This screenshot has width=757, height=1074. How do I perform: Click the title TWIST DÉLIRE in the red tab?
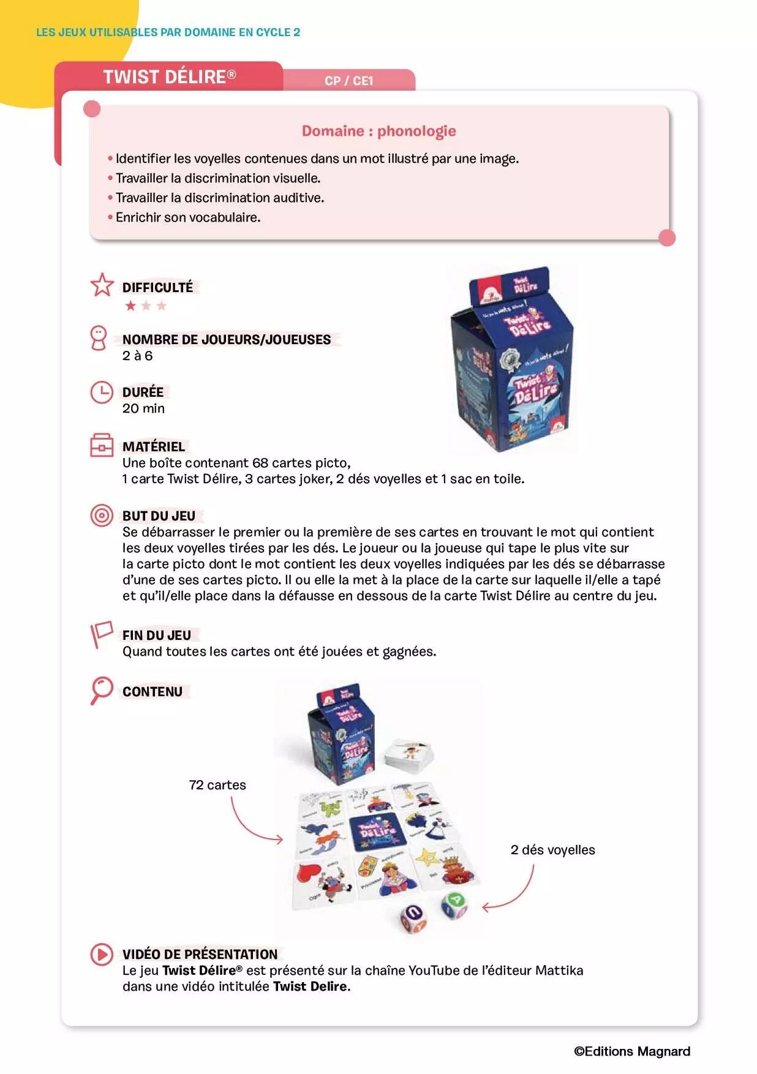point(169,77)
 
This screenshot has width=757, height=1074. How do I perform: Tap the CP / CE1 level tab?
point(348,81)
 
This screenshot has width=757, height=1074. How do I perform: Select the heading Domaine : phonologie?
point(378,131)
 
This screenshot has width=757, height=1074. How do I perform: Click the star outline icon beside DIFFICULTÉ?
point(102,285)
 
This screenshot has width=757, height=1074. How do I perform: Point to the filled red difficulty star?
point(130,306)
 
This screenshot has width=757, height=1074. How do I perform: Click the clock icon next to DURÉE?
point(102,392)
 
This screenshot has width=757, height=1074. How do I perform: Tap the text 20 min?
point(143,408)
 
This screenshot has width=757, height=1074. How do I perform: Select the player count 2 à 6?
point(137,356)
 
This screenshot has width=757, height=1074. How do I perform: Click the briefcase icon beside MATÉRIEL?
point(102,446)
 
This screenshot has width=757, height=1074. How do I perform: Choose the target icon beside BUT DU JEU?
point(102,516)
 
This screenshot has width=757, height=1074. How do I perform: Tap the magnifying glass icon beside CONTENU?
point(101,690)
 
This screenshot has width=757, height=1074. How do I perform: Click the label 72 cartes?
point(217,785)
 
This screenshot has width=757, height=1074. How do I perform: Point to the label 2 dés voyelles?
point(552,850)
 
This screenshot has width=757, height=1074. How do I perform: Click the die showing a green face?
point(454,904)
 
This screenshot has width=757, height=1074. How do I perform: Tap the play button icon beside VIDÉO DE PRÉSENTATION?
point(102,954)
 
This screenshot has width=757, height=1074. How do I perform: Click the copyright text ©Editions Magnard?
point(632,1051)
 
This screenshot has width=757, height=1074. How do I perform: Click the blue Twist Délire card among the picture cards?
point(377,831)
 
